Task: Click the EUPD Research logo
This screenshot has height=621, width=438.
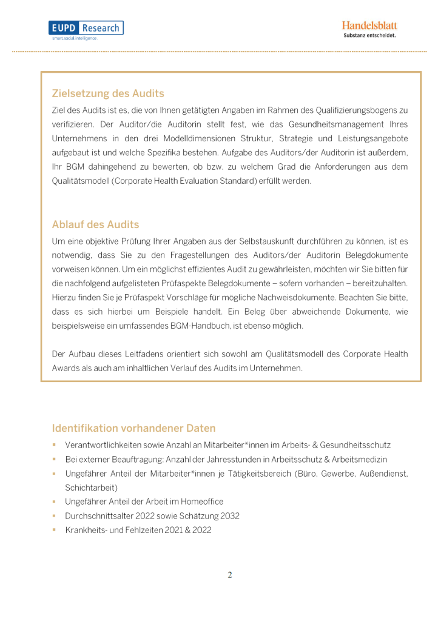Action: (86, 29)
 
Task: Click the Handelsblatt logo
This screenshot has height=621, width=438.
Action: (369, 25)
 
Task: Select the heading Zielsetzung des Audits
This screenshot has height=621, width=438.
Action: (108, 93)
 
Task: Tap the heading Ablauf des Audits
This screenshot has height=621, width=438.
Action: (95, 224)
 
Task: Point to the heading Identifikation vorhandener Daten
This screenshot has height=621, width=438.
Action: (133, 428)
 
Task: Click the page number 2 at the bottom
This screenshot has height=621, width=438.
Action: (230, 575)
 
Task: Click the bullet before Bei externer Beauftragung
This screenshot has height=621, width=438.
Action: (54, 460)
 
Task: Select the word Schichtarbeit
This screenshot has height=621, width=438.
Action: (92, 488)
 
